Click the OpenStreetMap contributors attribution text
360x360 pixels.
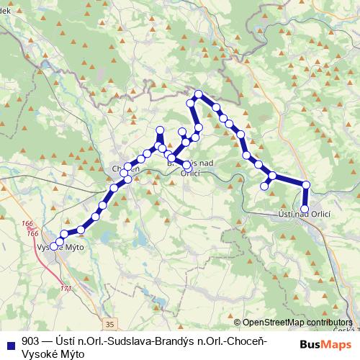point(297,323)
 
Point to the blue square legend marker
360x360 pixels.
point(9,342)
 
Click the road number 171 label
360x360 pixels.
point(66,289)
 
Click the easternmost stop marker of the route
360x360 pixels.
point(306,185)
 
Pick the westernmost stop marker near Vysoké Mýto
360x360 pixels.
point(54,246)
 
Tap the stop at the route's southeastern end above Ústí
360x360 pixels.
point(305,210)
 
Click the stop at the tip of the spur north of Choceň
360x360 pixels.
point(160,130)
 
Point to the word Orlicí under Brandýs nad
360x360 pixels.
point(191,173)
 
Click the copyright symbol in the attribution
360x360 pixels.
point(237,323)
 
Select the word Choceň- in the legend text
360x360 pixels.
point(248,341)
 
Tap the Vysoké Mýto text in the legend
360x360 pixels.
point(53,354)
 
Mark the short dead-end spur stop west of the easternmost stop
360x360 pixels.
point(264,186)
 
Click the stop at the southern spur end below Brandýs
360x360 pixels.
point(187,166)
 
